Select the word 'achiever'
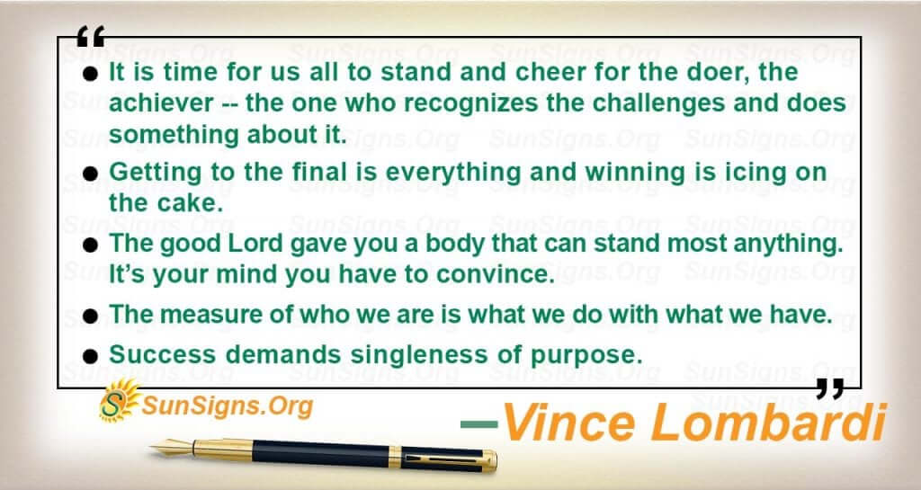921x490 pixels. (161, 103)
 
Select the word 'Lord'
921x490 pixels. (253, 244)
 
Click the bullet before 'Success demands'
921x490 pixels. (90, 356)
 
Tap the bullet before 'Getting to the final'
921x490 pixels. (90, 174)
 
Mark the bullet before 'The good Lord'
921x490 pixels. (90, 245)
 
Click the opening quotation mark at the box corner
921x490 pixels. (91, 36)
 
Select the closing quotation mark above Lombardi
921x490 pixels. (830, 388)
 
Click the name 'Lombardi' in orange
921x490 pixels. (769, 422)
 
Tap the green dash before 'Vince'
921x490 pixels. (479, 423)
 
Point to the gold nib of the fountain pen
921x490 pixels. (172, 448)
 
